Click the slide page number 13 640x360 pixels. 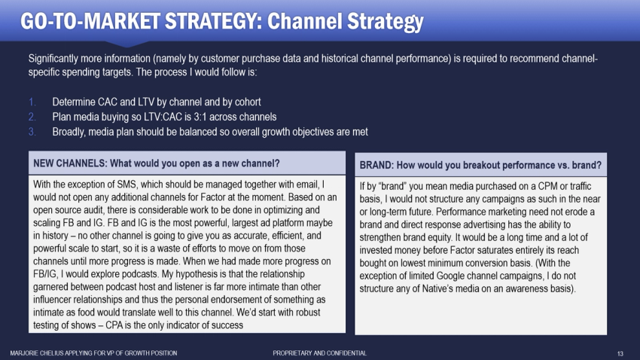point(620,352)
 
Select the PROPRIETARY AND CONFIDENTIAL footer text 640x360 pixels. point(319,352)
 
